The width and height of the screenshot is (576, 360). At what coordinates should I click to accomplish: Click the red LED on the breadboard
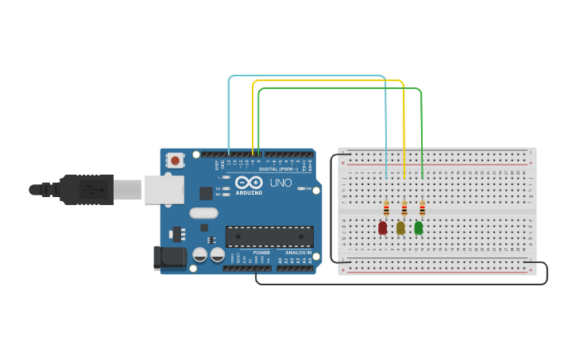click(382, 228)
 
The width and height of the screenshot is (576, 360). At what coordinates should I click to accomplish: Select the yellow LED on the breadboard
click(400, 228)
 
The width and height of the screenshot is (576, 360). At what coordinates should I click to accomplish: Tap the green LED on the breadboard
click(419, 228)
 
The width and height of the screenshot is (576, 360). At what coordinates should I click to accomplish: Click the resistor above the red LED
click(386, 209)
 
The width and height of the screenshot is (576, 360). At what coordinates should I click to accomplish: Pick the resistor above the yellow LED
click(404, 209)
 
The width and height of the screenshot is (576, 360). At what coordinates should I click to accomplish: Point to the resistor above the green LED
click(422, 209)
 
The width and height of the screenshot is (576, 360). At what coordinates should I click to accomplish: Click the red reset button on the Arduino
click(175, 161)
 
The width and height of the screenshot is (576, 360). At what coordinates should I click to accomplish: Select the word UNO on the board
click(280, 183)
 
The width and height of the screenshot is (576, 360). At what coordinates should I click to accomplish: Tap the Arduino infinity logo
click(249, 183)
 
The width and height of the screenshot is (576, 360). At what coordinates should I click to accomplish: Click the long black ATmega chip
click(269, 236)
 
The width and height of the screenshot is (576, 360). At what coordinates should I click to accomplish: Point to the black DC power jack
click(169, 257)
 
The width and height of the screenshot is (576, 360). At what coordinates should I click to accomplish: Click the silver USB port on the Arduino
click(164, 190)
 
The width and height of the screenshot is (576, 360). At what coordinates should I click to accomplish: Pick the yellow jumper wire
click(326, 81)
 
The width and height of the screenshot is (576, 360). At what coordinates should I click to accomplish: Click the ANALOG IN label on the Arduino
click(298, 253)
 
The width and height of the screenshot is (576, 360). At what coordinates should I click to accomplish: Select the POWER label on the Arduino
click(261, 253)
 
